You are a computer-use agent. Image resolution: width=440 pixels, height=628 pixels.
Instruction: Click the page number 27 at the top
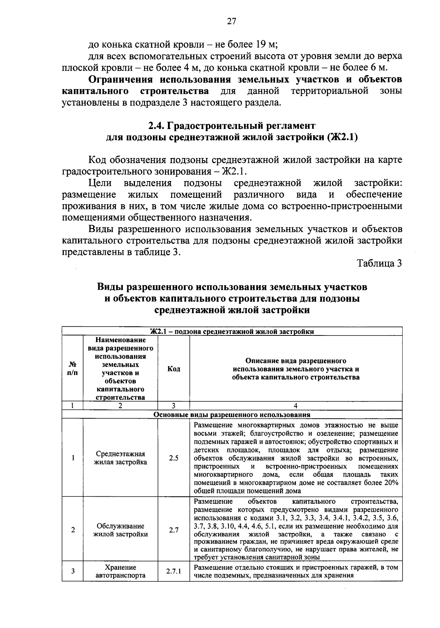[x=231, y=22]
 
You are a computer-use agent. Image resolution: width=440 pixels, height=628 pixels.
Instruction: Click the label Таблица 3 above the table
[x=379, y=263]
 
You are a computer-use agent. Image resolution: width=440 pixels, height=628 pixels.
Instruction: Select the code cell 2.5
[x=174, y=458]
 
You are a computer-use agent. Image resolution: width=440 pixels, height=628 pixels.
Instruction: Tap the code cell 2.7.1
[x=174, y=571]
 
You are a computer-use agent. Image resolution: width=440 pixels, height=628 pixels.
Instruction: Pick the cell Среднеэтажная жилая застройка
[x=121, y=458]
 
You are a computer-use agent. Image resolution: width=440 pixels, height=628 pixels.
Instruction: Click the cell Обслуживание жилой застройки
[x=121, y=530]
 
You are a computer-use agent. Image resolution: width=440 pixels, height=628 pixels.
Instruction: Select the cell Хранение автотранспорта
[x=121, y=571]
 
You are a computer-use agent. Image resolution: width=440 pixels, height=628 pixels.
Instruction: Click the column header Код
[x=174, y=369]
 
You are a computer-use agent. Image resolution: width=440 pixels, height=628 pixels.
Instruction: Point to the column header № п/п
[x=73, y=369]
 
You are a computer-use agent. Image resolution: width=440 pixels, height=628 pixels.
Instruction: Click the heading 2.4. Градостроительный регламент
[x=232, y=126]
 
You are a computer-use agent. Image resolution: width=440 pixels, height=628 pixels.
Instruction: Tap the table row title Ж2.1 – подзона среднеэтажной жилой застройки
[x=232, y=332]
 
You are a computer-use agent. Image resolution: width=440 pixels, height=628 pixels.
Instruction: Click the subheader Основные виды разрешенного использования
[x=232, y=415]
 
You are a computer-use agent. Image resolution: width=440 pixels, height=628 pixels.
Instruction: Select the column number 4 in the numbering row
[x=296, y=405]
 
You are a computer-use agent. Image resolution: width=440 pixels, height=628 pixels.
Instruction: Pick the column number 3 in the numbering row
[x=174, y=405]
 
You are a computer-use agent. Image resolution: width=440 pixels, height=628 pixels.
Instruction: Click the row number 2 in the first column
[x=73, y=530]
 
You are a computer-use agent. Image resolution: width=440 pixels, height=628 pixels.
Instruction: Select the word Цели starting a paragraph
[x=100, y=183]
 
